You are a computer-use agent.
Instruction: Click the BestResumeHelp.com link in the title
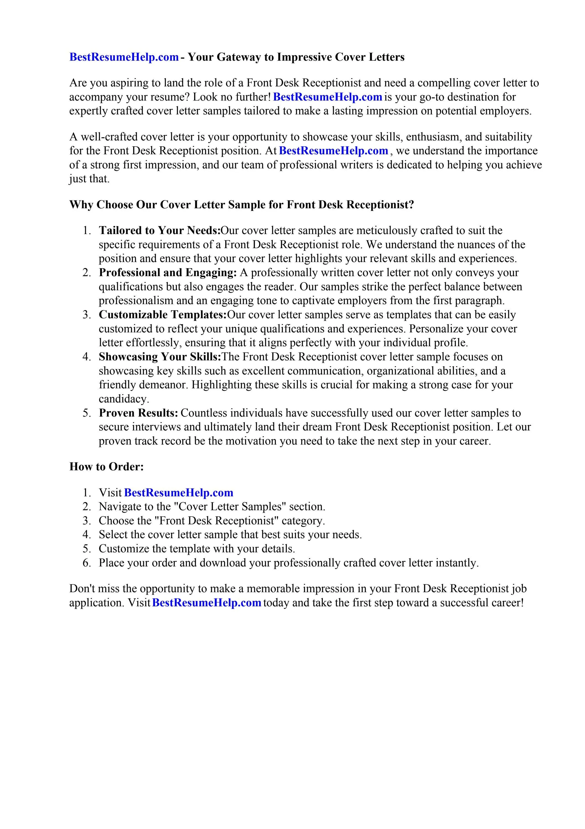click(x=124, y=57)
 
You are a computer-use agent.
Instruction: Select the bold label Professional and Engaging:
click(x=168, y=272)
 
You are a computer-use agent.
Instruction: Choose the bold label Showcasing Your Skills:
click(x=160, y=357)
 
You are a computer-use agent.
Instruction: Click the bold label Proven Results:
click(x=139, y=413)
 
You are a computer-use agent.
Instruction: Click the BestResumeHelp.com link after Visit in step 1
click(x=178, y=492)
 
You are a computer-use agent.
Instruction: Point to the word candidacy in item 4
click(x=124, y=399)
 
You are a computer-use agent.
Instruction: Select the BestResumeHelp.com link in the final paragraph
click(x=207, y=603)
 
